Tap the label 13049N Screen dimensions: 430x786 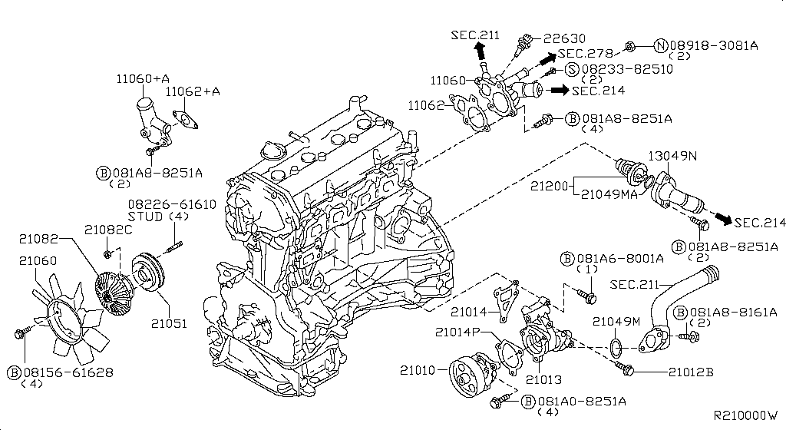[673, 156]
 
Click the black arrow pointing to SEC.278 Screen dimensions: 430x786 [546, 58]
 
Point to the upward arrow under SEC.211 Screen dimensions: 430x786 [480, 50]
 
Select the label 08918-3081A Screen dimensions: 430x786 [717, 45]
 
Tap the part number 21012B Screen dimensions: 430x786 [690, 372]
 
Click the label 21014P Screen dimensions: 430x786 [457, 332]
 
